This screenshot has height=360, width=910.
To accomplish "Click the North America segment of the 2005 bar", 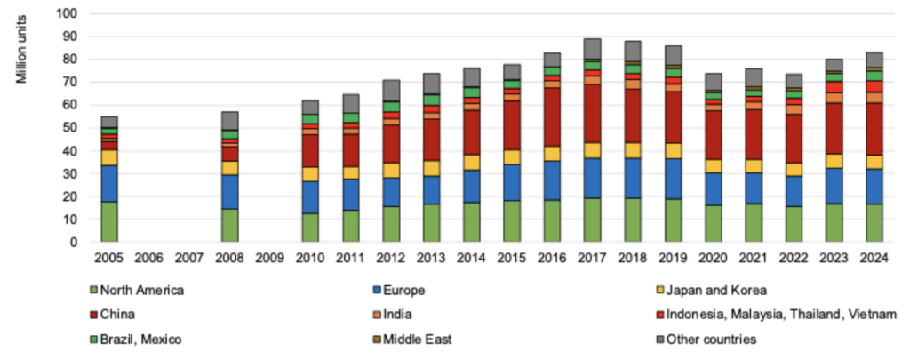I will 109,221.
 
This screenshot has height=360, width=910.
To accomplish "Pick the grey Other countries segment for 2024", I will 874,59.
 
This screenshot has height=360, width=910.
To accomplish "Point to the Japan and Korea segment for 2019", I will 674,150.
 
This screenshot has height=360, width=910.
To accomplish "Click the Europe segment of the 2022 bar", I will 794,190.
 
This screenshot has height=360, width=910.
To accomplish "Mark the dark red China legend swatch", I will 93,313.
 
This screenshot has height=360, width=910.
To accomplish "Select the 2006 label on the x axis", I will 149,258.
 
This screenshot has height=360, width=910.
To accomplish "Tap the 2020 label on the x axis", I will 714,258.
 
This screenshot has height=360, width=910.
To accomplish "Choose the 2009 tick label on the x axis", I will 270,258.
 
